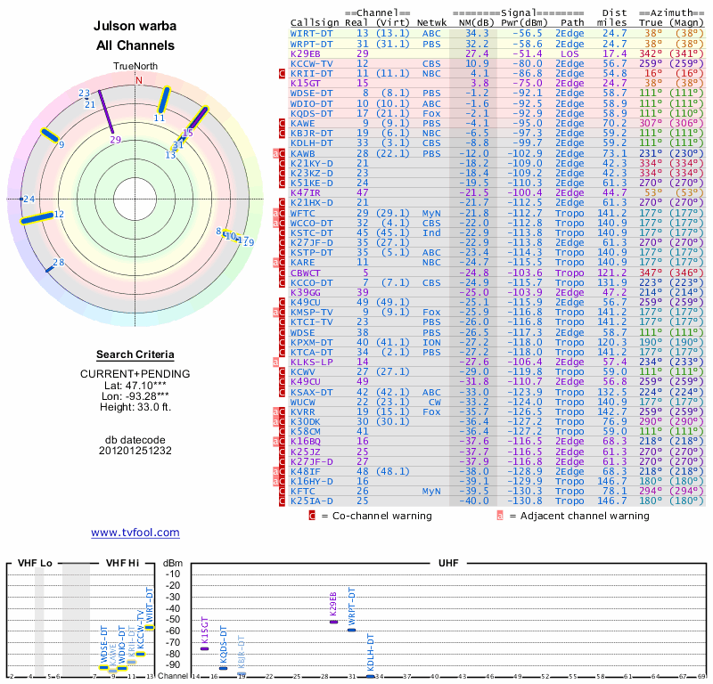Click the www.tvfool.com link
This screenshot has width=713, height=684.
pos(135,533)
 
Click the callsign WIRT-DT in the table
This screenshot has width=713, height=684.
pos(312,33)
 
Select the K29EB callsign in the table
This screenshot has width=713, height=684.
pos(306,53)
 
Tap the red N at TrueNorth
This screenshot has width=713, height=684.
pos(138,80)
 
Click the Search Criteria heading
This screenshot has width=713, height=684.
pos(135,354)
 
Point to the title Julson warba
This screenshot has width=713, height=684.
pos(135,27)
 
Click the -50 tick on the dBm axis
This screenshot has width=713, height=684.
pos(173,619)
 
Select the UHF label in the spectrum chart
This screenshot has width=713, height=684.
pos(448,564)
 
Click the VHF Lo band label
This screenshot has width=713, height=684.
pos(35,564)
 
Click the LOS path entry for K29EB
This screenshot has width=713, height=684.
pos(570,53)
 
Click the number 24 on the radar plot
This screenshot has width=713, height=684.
pos(29,199)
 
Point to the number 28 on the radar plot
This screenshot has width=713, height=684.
pos(59,262)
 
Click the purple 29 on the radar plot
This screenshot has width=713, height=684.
pos(115,140)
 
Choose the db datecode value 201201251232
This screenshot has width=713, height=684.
pos(135,450)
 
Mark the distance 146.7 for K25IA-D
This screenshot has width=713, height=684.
pos(613,501)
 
